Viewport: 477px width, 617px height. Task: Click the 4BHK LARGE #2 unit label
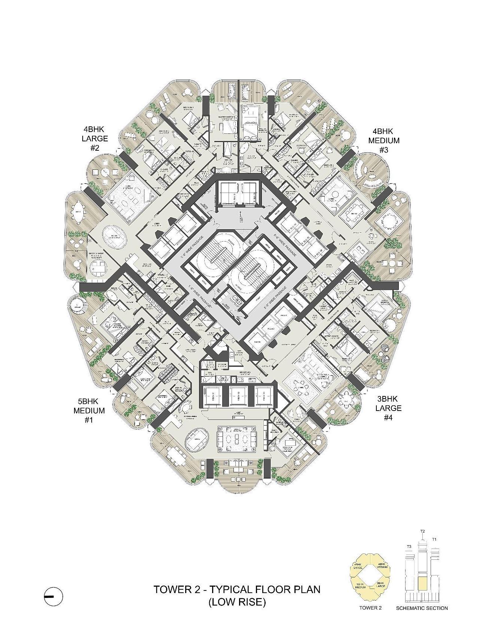(x=96, y=139)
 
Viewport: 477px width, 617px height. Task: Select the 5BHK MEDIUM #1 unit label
(x=89, y=411)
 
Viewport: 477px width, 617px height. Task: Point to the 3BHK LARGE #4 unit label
(x=388, y=408)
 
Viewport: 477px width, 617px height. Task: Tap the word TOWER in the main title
(x=172, y=590)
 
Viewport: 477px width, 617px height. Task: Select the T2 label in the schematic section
(x=422, y=531)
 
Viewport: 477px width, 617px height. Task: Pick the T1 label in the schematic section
(x=434, y=540)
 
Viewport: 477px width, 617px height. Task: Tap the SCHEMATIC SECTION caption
(x=422, y=608)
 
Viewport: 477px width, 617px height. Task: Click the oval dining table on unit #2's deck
(x=79, y=208)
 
